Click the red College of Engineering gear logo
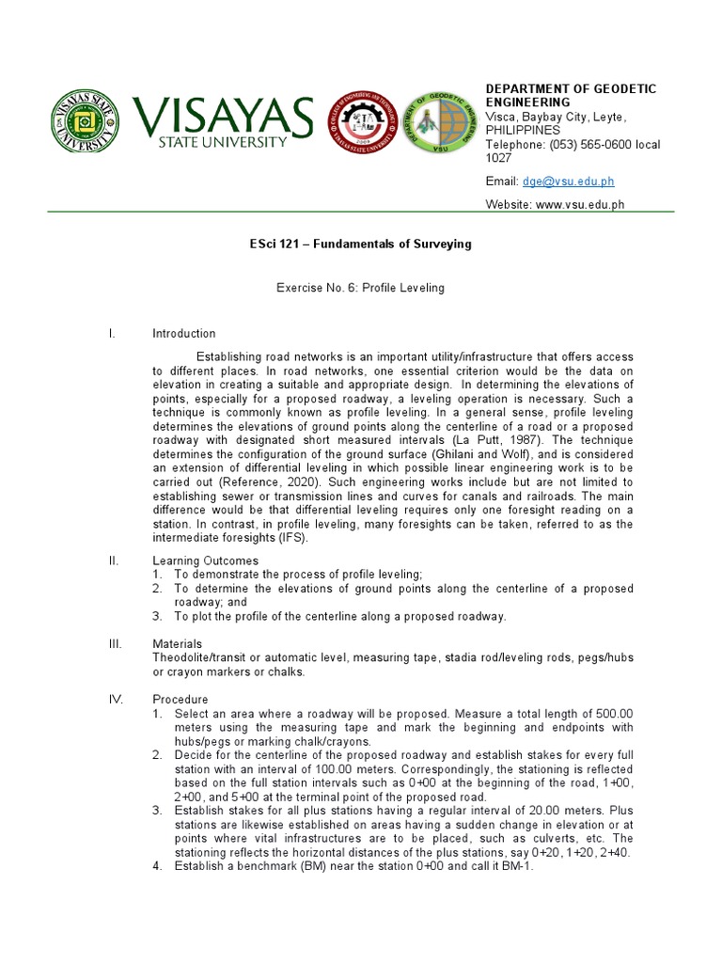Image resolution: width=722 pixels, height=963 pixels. (362, 123)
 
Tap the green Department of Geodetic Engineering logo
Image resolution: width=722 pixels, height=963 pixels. (438, 123)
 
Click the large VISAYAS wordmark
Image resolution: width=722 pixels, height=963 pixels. (223, 117)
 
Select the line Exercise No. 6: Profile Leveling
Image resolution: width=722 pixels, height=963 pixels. (360, 288)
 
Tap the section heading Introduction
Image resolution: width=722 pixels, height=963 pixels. (184, 334)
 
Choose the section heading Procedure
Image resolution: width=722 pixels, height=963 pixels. (180, 700)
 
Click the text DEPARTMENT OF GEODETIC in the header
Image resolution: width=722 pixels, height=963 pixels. (571, 88)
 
